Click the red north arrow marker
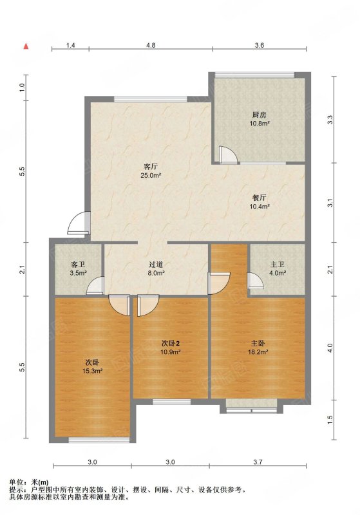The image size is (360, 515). point(26,46)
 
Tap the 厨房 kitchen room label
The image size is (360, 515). point(259,115)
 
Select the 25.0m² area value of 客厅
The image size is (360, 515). point(151,175)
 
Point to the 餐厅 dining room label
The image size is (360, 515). point(259,198)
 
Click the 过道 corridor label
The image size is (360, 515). point(156,265)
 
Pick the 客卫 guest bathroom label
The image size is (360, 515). point(78,265)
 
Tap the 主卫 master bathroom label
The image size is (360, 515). point(277,265)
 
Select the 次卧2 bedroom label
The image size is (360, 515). point(171,344)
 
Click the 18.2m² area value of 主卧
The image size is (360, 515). point(258,352)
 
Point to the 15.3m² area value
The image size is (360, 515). point(93,371)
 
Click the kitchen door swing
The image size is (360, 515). point(228,154)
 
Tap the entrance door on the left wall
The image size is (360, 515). point(78,223)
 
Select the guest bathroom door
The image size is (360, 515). point(95,286)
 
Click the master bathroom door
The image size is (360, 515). point(255,281)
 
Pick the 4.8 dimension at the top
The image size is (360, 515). point(151,46)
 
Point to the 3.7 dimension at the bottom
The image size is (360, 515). point(258,462)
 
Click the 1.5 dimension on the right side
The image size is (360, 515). point(330,420)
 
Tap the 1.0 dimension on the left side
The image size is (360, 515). point(22,88)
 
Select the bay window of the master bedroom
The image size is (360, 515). point(252,406)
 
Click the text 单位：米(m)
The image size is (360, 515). point(29,482)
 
